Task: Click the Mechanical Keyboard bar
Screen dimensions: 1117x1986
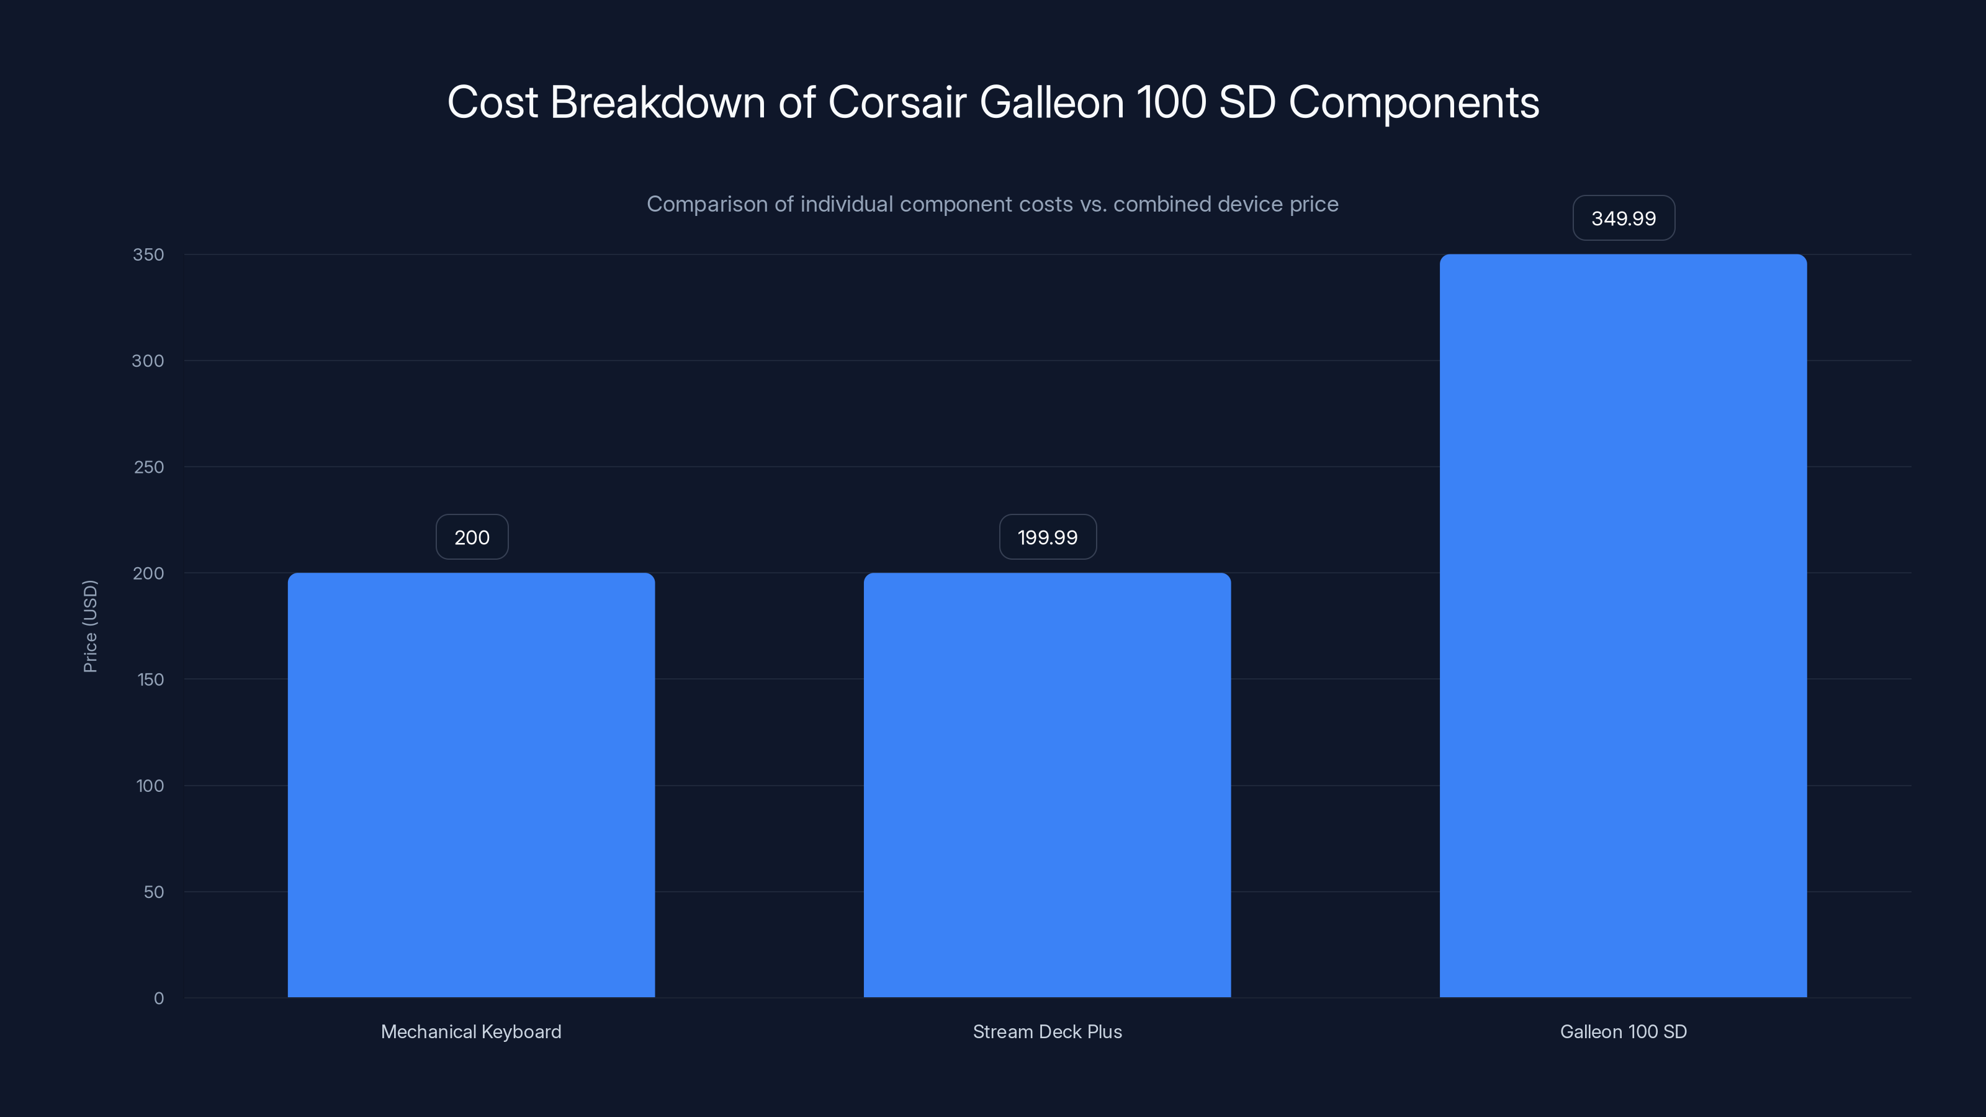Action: click(471, 785)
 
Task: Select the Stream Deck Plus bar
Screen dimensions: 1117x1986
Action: click(1047, 785)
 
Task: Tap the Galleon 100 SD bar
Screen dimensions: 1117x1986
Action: click(1623, 625)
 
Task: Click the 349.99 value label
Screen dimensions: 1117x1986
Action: click(1623, 218)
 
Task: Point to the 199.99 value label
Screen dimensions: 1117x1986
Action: click(1047, 537)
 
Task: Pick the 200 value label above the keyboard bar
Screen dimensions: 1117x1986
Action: click(471, 537)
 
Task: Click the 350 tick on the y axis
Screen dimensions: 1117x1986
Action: click(148, 254)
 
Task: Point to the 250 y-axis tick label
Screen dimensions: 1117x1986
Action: click(148, 467)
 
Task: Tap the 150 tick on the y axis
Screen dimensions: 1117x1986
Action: click(150, 679)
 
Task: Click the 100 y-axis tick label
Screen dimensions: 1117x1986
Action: click(150, 786)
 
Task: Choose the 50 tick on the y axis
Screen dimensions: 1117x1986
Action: click(153, 892)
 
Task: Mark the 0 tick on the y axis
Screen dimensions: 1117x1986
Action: click(159, 998)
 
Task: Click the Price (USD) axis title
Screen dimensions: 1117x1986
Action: click(90, 626)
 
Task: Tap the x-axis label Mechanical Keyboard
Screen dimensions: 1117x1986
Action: click(471, 1031)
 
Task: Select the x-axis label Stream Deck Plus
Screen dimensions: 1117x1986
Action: click(1047, 1031)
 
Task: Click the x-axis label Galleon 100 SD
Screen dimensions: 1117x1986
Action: click(1623, 1031)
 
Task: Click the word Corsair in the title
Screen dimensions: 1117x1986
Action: click(897, 102)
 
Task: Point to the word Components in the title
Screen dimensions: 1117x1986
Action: click(1413, 102)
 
